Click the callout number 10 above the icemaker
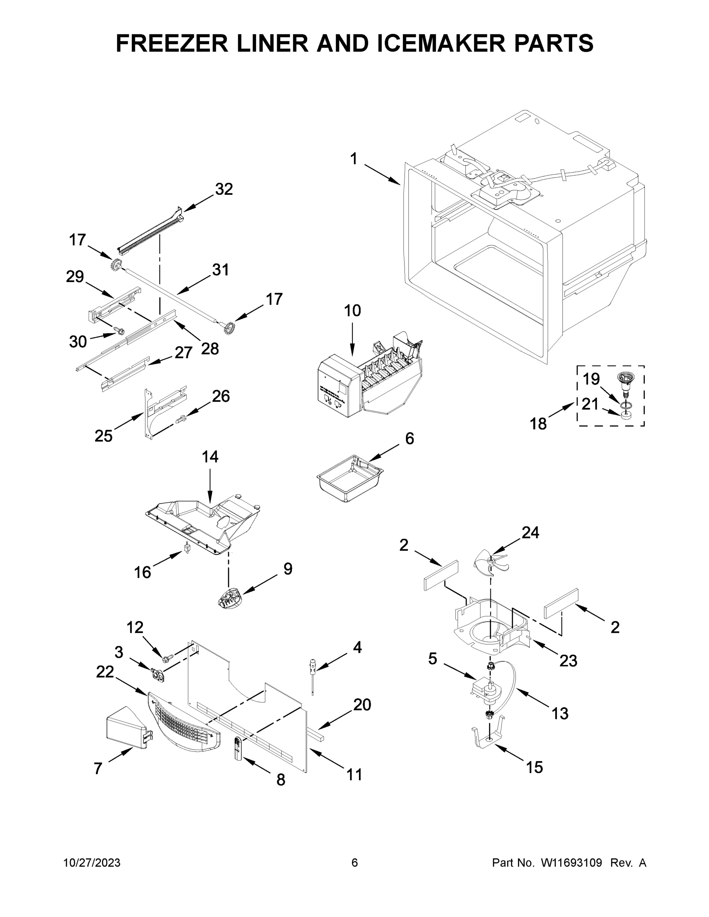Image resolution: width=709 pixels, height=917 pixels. [352, 311]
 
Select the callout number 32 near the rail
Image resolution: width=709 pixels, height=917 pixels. [224, 190]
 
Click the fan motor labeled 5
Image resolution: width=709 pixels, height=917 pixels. [485, 691]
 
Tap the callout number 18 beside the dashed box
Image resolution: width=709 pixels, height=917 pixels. [538, 424]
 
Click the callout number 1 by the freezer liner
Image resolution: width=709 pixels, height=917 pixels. [354, 159]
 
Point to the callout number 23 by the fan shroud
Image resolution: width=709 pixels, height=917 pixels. [568, 661]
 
